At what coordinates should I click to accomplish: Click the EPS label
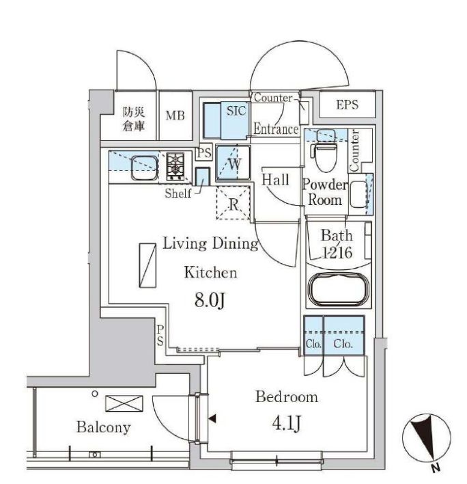pyautogui.click(x=347, y=105)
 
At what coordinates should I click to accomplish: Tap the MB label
pyautogui.click(x=175, y=116)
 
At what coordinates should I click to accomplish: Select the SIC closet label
pyautogui.click(x=236, y=111)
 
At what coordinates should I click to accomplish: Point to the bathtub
pyautogui.click(x=339, y=289)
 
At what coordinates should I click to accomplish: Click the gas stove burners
pyautogui.click(x=175, y=166)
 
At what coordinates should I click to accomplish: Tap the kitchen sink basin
pyautogui.click(x=144, y=167)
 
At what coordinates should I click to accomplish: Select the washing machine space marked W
pyautogui.click(x=233, y=162)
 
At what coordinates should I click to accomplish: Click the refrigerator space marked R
pyautogui.click(x=233, y=203)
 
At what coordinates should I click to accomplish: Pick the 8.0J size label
pyautogui.click(x=210, y=300)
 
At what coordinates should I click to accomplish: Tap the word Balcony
pyautogui.click(x=104, y=427)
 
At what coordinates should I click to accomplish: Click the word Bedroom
pyautogui.click(x=287, y=397)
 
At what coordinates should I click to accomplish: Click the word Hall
pyautogui.click(x=276, y=180)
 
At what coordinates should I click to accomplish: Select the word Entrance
pyautogui.click(x=276, y=129)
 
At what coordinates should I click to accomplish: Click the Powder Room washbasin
pyautogui.click(x=358, y=194)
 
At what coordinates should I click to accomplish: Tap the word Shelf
pyautogui.click(x=178, y=193)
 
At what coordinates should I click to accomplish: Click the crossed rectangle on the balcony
pyautogui.click(x=124, y=403)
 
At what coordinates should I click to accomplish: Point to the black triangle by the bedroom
pyautogui.click(x=212, y=419)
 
